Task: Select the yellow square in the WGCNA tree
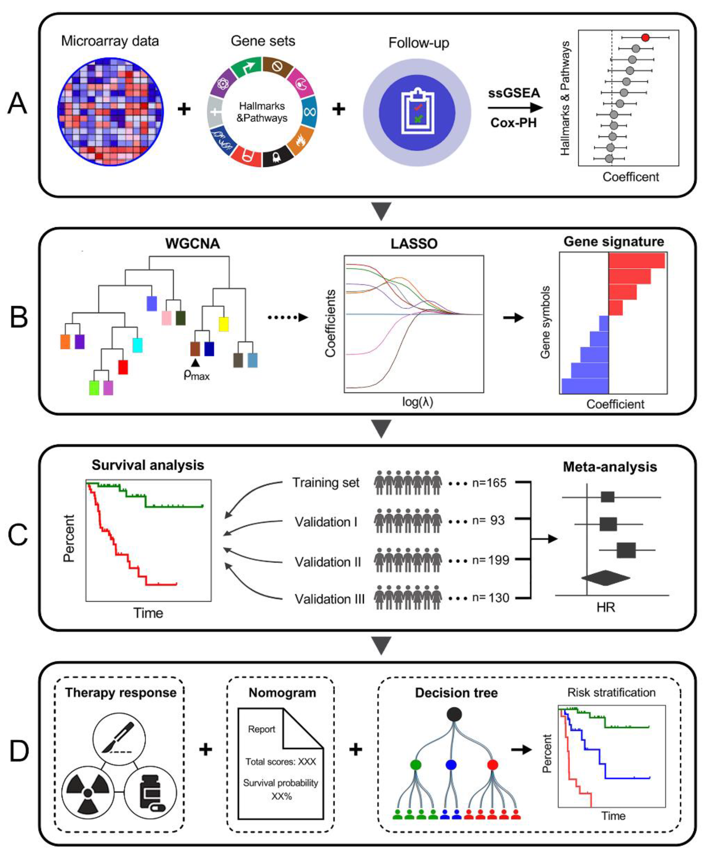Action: (224, 324)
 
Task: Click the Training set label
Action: (326, 483)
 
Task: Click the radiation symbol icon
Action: (88, 793)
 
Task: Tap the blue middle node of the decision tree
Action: (451, 765)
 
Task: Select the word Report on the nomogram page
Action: (261, 729)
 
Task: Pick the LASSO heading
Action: (414, 244)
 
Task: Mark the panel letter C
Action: (18, 535)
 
